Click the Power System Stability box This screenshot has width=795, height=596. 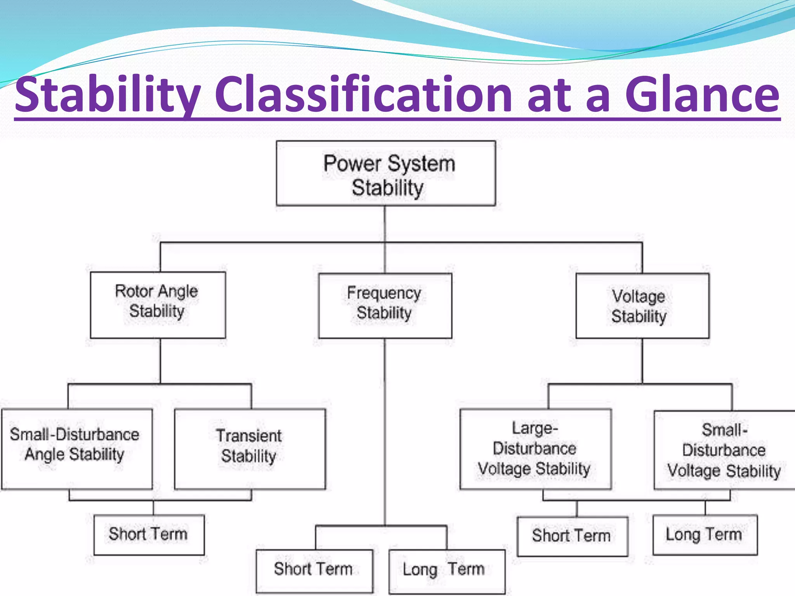tap(385, 173)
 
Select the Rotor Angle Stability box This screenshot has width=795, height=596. tap(158, 305)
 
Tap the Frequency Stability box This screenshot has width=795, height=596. tap(385, 306)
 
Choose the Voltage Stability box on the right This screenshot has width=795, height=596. tap(642, 306)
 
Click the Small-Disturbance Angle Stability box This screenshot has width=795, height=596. tap(76, 449)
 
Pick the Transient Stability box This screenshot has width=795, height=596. tap(250, 449)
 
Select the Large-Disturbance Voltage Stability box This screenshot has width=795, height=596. tap(535, 449)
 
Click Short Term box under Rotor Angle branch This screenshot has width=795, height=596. tap(149, 535)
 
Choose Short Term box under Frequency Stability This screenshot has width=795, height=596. tap(314, 571)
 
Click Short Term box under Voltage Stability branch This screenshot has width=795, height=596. tap(572, 536)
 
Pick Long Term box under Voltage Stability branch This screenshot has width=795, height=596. tap(705, 535)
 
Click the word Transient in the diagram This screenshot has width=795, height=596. tap(249, 436)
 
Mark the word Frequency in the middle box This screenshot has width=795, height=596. tap(384, 293)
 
